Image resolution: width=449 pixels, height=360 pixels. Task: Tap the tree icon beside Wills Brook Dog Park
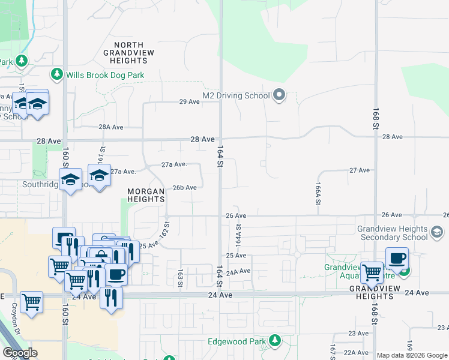point(57,74)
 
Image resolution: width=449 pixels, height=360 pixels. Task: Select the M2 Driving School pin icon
point(279,95)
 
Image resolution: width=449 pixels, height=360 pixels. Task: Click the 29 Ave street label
point(189,101)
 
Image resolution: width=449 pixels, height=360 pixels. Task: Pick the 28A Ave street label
point(111,127)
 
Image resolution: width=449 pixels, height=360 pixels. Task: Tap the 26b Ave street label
point(184,187)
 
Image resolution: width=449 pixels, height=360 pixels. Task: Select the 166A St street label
point(316,194)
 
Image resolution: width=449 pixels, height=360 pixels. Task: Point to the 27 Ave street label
point(360,170)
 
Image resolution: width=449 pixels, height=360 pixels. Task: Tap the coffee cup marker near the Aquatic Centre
point(397,259)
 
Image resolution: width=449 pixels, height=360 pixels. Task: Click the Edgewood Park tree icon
point(275,340)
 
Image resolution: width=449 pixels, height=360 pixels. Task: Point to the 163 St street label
point(179,279)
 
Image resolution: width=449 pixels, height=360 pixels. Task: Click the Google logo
point(20,353)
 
